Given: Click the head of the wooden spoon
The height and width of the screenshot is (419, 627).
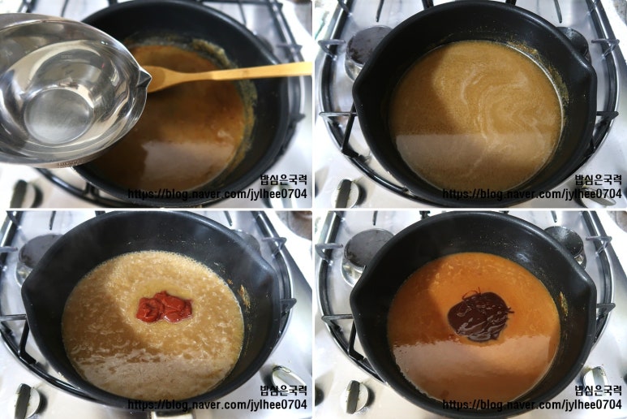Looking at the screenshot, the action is (160, 78).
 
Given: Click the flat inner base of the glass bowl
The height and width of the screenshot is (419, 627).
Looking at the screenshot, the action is (59, 114).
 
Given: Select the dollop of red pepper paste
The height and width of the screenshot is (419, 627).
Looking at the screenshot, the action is (165, 307).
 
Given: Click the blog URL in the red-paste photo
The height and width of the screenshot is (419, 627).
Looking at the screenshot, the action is (217, 404).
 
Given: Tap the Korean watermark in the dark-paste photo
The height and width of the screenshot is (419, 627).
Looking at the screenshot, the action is (598, 390).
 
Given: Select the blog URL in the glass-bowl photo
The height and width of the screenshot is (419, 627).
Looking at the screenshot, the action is (217, 194).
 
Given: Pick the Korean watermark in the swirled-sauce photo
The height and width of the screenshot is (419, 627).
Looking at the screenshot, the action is (598, 179).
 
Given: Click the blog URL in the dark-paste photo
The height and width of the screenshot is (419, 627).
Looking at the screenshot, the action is (532, 404).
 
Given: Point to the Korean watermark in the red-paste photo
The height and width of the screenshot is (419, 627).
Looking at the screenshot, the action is (283, 390).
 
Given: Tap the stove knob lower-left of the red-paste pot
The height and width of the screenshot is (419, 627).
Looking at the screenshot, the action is (27, 400).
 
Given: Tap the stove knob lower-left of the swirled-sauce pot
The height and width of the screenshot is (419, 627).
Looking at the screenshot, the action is (346, 193).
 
